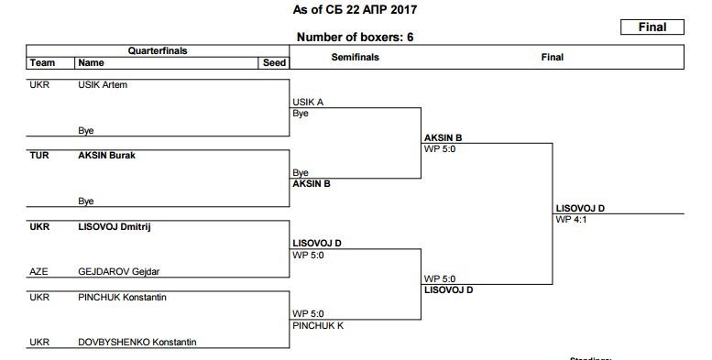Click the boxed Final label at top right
[652, 27]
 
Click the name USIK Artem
[103, 85]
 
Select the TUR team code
[39, 155]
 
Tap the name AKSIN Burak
[107, 155]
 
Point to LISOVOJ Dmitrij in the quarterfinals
[114, 226]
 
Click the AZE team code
[38, 271]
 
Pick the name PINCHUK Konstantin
[122, 297]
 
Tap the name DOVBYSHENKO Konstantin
[137, 342]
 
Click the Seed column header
[275, 63]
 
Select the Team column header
[42, 63]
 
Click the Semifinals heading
[354, 57]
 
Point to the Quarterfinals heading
[157, 50]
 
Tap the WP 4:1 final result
[573, 220]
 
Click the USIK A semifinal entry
[307, 103]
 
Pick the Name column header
[91, 63]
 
